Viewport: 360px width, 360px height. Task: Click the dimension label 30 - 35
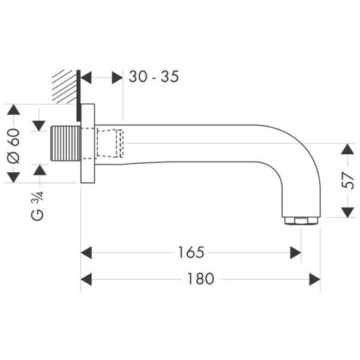[x=154, y=76]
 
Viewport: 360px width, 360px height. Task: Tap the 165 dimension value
[x=191, y=253]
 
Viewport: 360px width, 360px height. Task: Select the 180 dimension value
[x=200, y=279]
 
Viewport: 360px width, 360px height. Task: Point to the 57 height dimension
[x=348, y=181]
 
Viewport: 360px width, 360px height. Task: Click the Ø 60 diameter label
[x=14, y=146]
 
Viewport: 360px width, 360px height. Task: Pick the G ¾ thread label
[x=37, y=206]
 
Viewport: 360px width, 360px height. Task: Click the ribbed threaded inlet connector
[x=65, y=143]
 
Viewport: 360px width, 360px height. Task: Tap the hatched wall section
[x=64, y=86]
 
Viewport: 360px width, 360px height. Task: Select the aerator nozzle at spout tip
[x=301, y=221]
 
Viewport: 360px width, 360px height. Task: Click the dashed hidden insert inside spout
[x=110, y=143]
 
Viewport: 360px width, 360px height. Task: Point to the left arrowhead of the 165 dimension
[x=86, y=253]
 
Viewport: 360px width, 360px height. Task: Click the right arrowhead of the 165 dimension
[x=295, y=253]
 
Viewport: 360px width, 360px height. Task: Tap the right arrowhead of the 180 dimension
[x=314, y=279]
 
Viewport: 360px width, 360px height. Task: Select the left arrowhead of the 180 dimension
[x=86, y=279]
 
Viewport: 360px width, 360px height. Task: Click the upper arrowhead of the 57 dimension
[x=347, y=149]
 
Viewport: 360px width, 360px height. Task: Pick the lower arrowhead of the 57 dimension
[x=347, y=212]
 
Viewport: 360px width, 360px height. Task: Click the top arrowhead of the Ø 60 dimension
[x=14, y=110]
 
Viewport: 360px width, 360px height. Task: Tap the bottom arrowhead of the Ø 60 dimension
[x=14, y=178]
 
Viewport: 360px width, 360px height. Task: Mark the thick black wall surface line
[x=79, y=95]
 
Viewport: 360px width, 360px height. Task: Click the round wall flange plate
[x=88, y=143]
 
